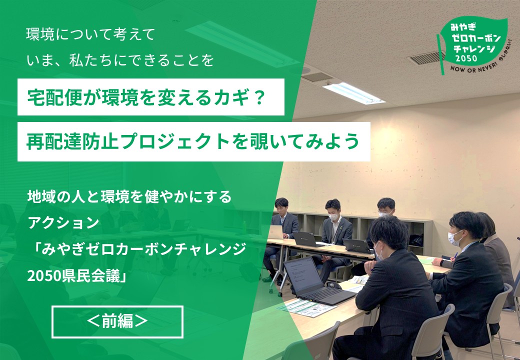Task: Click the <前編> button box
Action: coord(117,321)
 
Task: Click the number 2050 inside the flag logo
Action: coord(466,58)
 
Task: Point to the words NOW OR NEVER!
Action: coord(473,67)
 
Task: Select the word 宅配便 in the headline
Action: coord(54,97)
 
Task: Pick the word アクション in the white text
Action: coord(63,223)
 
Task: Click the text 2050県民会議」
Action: coord(77,276)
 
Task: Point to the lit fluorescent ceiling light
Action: coord(353,93)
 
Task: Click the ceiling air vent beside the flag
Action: coord(426,58)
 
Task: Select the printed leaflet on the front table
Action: coord(307,307)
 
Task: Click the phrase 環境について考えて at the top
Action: coord(90,34)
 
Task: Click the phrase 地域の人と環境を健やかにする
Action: coord(129,197)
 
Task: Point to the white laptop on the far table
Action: coord(275,231)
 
